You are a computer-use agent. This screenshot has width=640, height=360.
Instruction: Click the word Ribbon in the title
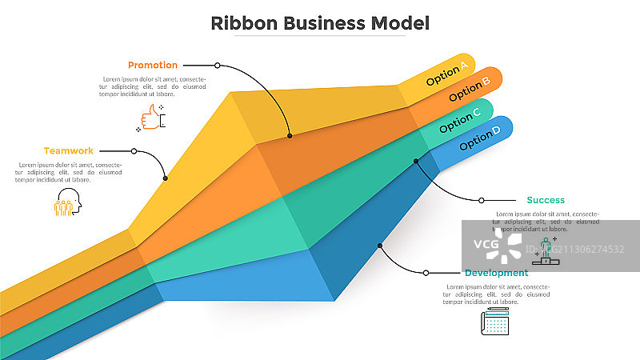click(x=238, y=23)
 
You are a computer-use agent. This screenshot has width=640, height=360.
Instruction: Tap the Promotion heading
click(x=153, y=65)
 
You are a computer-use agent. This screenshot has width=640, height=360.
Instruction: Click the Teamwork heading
click(x=69, y=150)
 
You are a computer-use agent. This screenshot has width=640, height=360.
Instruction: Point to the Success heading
click(x=546, y=200)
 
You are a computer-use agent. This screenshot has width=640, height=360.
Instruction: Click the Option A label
click(x=447, y=75)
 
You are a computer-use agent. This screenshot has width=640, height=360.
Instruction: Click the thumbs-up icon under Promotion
click(x=152, y=118)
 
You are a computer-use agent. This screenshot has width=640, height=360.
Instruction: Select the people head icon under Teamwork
click(x=67, y=203)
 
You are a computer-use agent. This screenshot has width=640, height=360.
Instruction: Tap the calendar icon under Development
click(x=494, y=322)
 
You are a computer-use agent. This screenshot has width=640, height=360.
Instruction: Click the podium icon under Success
click(x=547, y=251)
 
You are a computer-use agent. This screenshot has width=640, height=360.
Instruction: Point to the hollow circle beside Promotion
click(x=217, y=65)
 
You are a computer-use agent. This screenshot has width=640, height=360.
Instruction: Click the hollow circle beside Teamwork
click(x=134, y=150)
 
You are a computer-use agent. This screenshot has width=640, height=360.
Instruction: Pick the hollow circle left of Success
click(x=482, y=200)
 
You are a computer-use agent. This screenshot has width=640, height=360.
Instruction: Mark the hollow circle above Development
click(x=426, y=273)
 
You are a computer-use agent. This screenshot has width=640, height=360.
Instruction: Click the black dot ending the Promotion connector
click(x=290, y=136)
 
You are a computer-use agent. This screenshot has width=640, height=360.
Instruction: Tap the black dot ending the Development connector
click(x=381, y=245)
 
